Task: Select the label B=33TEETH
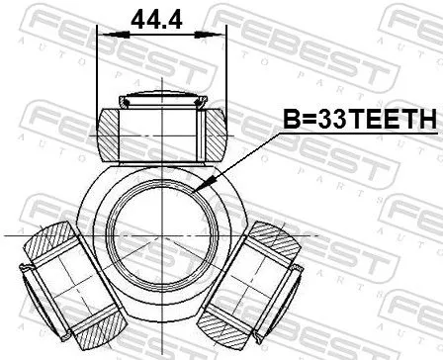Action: [x=360, y=120]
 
